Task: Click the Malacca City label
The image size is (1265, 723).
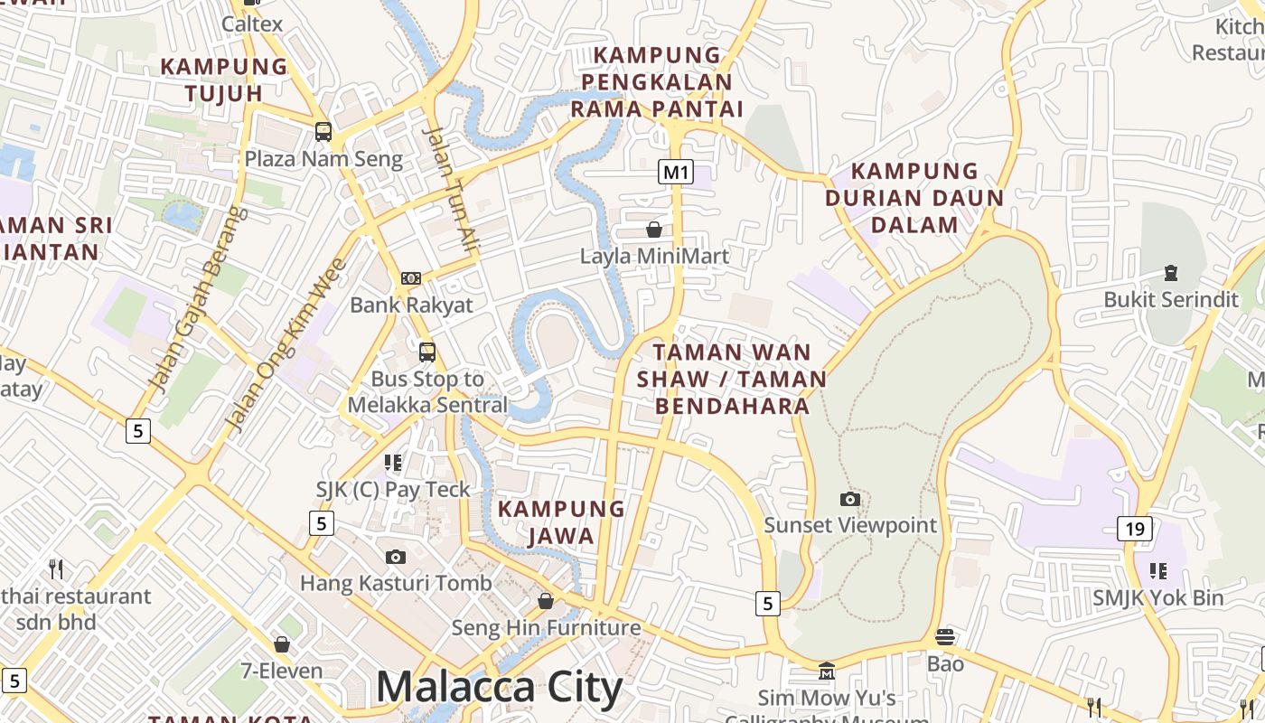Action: coord(499,687)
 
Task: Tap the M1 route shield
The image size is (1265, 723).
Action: coord(676,172)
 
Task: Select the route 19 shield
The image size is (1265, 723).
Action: coord(1135,528)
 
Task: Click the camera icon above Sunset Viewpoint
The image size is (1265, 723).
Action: coord(849,499)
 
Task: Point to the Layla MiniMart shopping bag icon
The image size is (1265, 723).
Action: coord(653,230)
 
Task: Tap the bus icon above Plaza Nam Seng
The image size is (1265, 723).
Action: coord(323,132)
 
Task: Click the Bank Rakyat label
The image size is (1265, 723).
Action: coord(411,305)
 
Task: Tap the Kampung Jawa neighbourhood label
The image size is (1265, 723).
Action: coord(561,522)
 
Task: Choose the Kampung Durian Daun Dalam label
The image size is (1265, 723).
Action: coord(914,197)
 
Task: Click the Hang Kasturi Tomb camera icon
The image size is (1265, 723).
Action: coord(395,557)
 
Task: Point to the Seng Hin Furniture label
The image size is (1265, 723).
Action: coord(546,627)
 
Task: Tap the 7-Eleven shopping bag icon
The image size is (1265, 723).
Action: coord(282,644)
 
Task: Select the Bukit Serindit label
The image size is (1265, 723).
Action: coord(1171,299)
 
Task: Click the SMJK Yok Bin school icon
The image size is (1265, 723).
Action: coord(1157,570)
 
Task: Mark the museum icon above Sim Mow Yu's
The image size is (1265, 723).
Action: coord(826,671)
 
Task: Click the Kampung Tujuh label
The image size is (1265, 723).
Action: coord(224,80)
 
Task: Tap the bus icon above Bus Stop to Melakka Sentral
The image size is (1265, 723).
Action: coord(427,352)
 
